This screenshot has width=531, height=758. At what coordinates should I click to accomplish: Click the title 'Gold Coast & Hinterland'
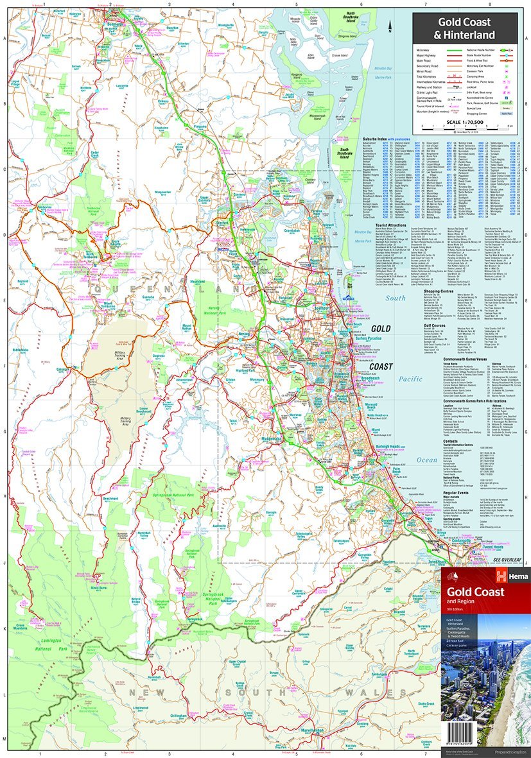[466, 28]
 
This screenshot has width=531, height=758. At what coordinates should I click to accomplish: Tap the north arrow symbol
[390, 26]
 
